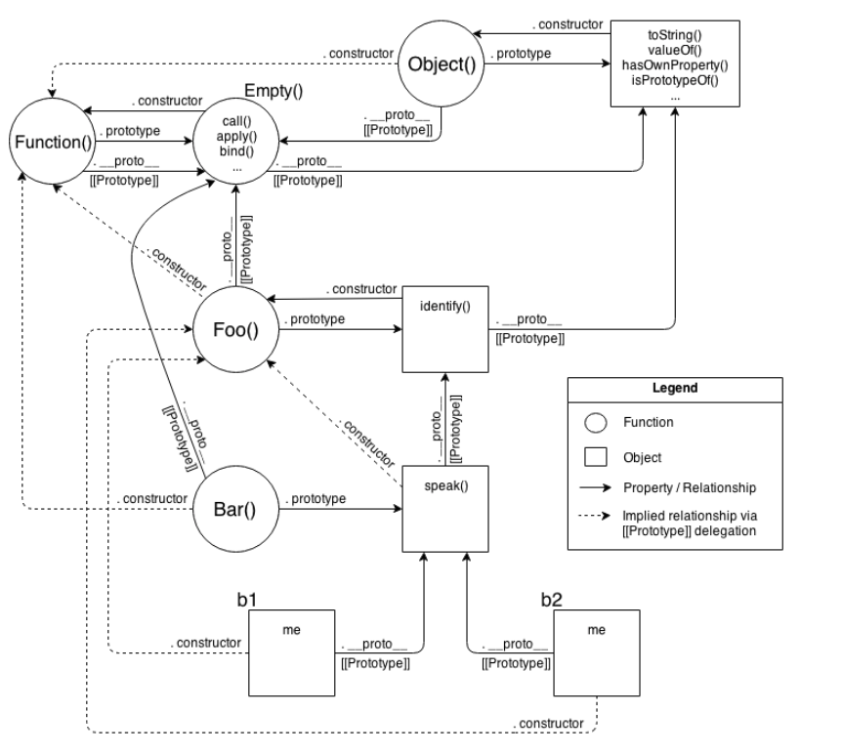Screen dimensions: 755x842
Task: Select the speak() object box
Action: click(x=445, y=508)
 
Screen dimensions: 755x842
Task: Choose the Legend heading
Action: click(x=675, y=388)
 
